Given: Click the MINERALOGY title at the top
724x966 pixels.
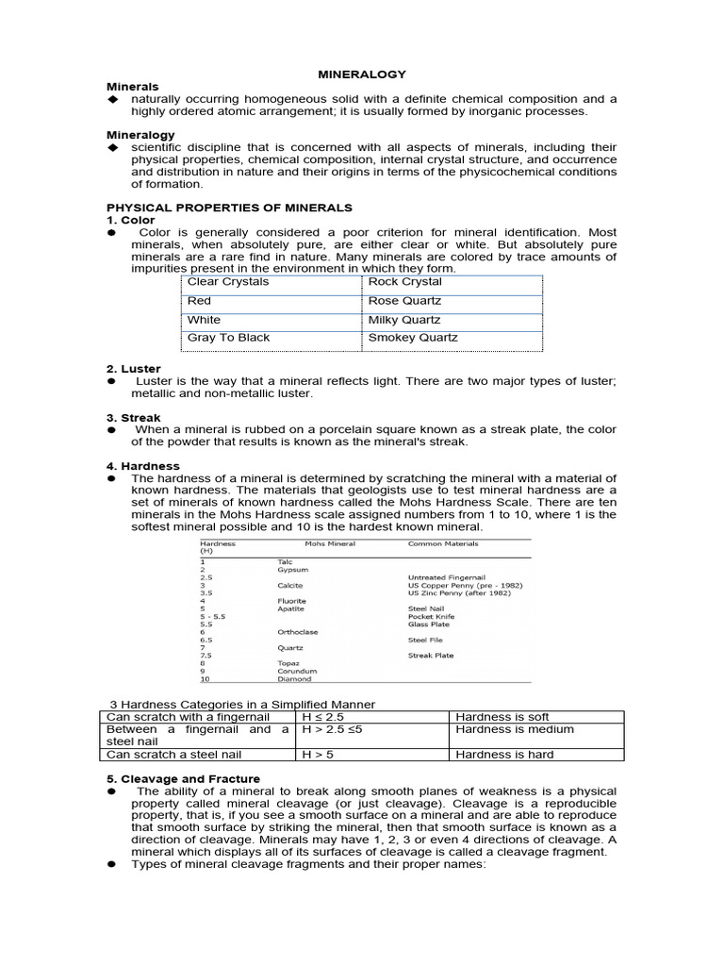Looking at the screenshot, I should coord(361,74).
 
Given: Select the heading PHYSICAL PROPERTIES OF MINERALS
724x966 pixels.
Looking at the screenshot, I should coord(229,208).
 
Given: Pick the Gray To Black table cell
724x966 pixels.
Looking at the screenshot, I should coord(228,338).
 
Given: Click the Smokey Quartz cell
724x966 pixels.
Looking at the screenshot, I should coord(413,338).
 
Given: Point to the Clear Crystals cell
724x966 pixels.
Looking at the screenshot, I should coord(228,282).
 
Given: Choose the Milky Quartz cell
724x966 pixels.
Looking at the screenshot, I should coord(403,320).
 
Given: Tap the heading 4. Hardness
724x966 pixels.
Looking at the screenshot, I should coord(142,466).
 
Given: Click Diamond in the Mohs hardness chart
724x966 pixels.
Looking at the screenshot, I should coord(293,678).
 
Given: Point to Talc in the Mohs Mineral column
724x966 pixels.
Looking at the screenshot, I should coord(285,561).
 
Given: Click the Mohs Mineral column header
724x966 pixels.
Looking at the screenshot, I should coord(330,544).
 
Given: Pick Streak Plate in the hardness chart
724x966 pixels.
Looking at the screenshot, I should coord(431,655).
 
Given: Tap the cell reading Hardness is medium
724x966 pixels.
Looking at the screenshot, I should coord(514,729).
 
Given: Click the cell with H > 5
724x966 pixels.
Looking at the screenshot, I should coord(318,755).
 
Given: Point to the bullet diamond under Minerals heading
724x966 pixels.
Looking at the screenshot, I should coord(112,99).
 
